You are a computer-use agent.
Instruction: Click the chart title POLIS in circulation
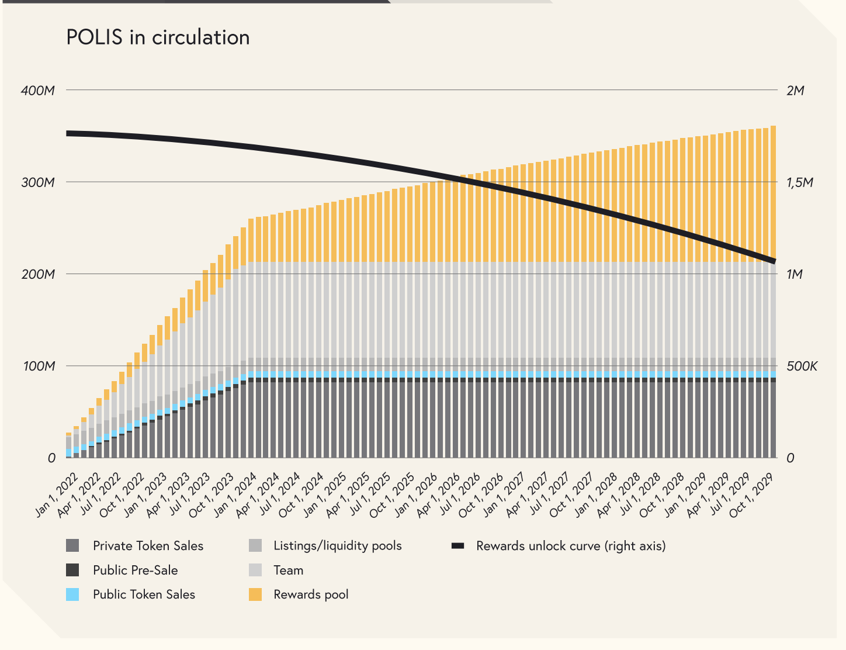pos(158,37)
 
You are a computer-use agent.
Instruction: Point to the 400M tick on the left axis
pos(38,91)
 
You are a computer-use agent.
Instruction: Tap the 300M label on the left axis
pos(38,182)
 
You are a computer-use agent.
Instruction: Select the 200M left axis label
pos(38,274)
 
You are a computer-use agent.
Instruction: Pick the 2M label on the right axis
pos(795,91)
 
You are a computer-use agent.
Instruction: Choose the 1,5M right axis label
pos(799,182)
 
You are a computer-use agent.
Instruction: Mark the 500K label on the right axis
pos(802,366)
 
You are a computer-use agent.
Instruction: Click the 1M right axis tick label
pos(794,274)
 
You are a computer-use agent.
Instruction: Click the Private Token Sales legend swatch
pos(72,545)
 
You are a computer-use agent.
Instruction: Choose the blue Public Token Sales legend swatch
pos(72,594)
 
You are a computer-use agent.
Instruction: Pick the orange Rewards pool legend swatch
pos(255,594)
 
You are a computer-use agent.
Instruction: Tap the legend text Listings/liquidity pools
pos(338,546)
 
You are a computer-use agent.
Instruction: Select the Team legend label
pos(289,571)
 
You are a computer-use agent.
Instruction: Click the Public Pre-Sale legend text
pos(136,571)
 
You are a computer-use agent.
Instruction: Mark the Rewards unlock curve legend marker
pos(458,546)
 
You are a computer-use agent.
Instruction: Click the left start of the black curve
pos(68,133)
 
